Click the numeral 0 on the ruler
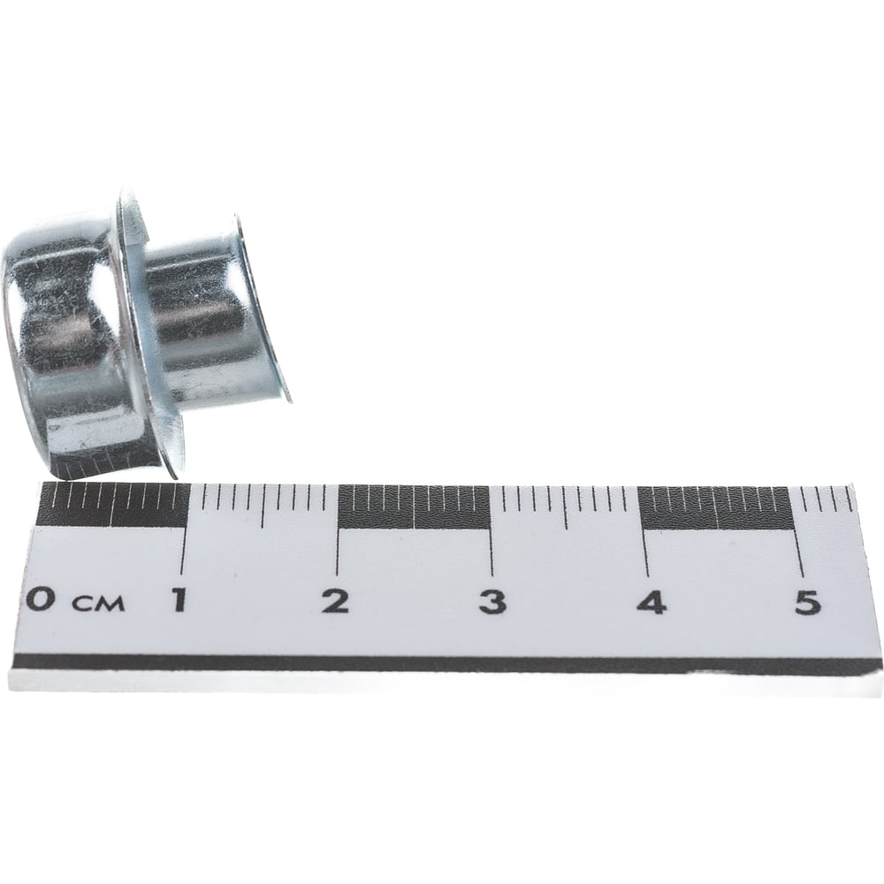pos(40,601)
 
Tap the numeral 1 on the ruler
pos(179,600)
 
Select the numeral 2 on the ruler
pos(336,601)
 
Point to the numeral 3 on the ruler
pos(492,602)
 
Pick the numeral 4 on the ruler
pos(653,602)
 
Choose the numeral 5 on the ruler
pos(807,603)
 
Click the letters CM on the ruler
pos(96,605)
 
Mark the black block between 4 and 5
pos(715,508)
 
